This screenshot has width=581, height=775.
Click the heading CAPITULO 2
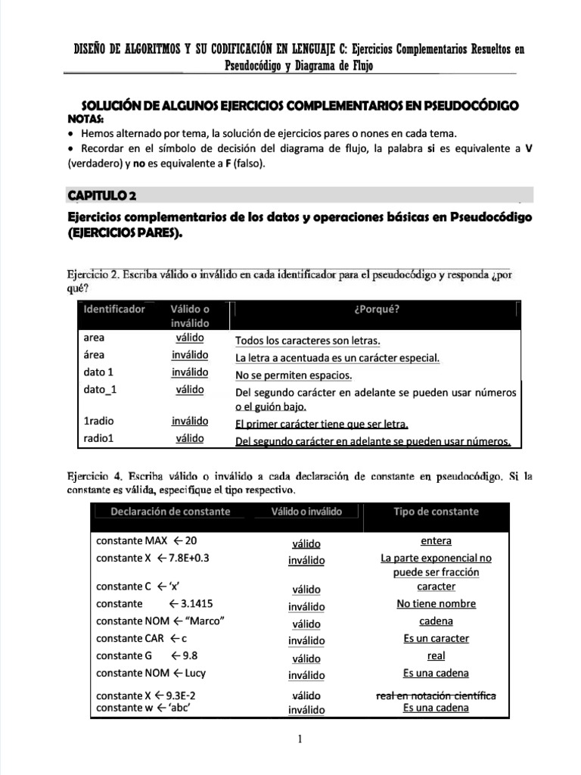[x=102, y=196]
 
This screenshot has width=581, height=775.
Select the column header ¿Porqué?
[x=376, y=309]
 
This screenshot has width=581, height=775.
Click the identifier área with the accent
[x=95, y=355]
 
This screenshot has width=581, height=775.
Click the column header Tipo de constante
[x=436, y=512]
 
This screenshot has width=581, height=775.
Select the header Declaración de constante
[x=170, y=512]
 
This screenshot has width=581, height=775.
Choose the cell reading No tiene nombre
[x=436, y=604]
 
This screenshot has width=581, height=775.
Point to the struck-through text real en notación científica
[x=436, y=695]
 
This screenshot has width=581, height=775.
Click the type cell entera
[x=436, y=541]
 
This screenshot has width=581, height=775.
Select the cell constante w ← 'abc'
[x=142, y=708]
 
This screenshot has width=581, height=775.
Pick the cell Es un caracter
[x=436, y=638]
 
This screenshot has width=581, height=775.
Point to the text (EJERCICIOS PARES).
[x=126, y=234]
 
